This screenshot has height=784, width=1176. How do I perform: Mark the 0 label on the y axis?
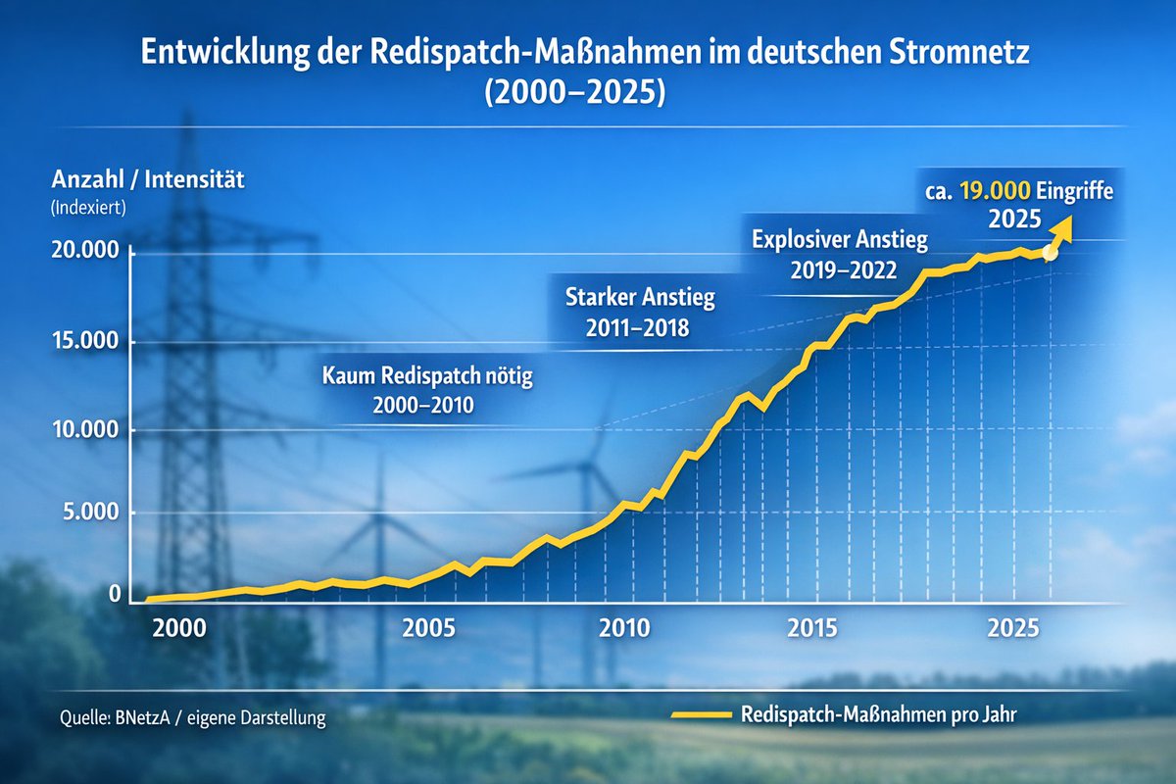(x=116, y=594)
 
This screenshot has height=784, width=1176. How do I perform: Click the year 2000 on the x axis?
(x=179, y=628)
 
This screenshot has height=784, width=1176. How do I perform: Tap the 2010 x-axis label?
(x=624, y=628)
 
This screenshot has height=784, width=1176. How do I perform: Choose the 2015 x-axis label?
(x=811, y=628)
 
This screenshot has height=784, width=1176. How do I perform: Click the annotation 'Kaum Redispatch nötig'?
(x=427, y=376)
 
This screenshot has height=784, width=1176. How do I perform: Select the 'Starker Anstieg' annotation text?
(x=641, y=296)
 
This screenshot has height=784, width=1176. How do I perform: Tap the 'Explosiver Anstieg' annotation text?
(x=839, y=238)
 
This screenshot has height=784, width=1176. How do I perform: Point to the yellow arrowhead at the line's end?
(x=1062, y=228)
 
